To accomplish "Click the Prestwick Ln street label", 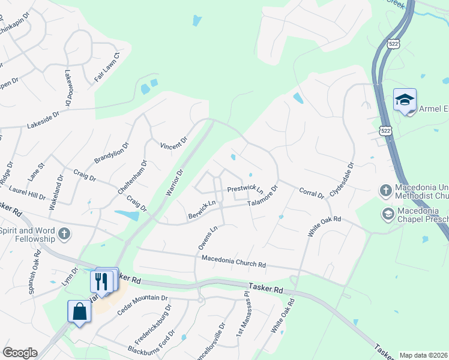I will [x=245, y=190].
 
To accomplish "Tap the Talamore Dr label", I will [x=263, y=198].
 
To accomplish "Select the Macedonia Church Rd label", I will [x=234, y=262].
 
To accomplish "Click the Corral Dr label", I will [x=312, y=193].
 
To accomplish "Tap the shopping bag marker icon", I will [x=79, y=311].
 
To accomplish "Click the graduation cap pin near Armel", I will [x=405, y=99].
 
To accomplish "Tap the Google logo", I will [x=20, y=353].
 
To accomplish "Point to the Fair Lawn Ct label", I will [x=107, y=67].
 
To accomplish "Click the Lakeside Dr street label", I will [x=44, y=124].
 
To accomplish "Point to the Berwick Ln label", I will [x=202, y=210].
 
